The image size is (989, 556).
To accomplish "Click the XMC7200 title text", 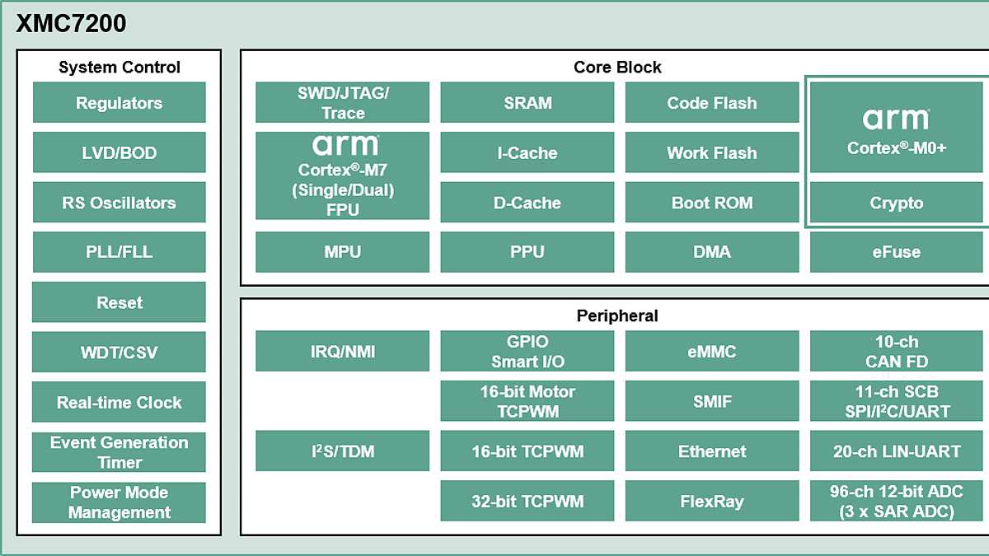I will (71, 24).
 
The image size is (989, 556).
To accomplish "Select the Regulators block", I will (119, 103).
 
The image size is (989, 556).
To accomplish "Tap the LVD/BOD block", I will (119, 153).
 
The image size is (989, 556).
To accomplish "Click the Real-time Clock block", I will (119, 403).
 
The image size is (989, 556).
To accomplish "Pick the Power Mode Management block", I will (119, 502).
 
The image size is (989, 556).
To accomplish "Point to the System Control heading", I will (119, 68).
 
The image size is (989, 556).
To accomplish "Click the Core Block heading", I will (616, 68).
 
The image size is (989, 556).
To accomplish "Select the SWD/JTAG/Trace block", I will (342, 103).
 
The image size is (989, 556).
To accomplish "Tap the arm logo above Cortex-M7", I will (346, 147).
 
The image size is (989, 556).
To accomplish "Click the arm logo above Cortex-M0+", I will (896, 120).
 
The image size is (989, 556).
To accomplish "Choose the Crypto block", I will (896, 203).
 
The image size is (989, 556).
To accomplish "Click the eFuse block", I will (896, 252).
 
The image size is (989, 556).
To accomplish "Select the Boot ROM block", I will (711, 203).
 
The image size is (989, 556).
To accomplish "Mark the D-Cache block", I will (527, 203).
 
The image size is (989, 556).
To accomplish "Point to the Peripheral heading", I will (616, 315).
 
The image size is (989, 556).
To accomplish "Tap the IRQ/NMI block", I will (342, 352).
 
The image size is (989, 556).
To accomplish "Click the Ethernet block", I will (711, 451).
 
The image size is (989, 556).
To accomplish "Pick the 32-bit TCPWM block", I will (527, 501).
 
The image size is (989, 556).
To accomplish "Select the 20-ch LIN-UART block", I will (896, 451).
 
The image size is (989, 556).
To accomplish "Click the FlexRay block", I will (711, 501).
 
